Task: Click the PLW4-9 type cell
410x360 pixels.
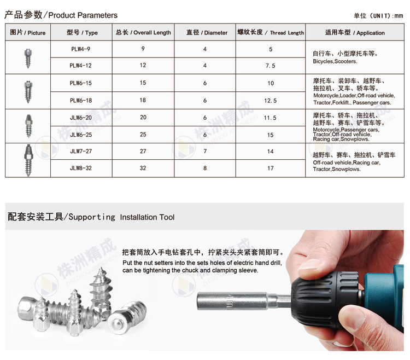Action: [81, 49]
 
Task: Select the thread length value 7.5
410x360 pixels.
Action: [271, 66]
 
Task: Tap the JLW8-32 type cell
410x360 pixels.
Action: [81, 168]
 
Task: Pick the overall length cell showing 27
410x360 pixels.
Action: [143, 151]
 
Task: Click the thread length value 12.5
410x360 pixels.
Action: [271, 101]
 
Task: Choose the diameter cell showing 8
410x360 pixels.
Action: [205, 168]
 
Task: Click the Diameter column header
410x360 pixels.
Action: [205, 32]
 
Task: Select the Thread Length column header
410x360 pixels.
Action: [271, 32]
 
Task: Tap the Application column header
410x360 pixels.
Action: [355, 32]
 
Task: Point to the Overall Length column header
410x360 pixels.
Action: [143, 32]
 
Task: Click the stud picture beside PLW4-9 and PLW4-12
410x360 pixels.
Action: [28, 58]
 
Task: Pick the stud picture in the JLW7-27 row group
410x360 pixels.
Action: [28, 160]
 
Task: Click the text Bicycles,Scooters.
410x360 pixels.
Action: [335, 61]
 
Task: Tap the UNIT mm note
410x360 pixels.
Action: [378, 16]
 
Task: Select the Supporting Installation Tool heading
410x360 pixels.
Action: [91, 217]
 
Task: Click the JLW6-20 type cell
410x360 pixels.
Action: [81, 118]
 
